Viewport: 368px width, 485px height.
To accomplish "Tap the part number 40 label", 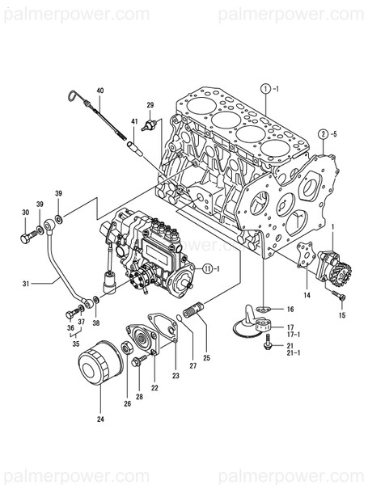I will coord(100,90).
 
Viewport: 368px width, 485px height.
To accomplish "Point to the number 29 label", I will coord(150,105).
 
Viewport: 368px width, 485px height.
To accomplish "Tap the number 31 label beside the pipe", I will coord(25,283).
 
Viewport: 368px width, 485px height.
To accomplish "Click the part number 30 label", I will coord(24,213).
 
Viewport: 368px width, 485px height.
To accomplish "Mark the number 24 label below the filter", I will coord(100,419).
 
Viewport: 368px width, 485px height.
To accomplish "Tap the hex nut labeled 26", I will coord(127,348).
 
